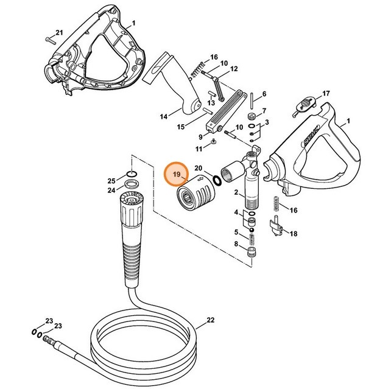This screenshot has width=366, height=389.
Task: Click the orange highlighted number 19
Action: [176, 174]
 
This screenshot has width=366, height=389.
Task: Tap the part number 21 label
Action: [59, 32]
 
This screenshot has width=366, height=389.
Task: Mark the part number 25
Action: [111, 181]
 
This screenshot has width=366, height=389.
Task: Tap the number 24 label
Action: [111, 190]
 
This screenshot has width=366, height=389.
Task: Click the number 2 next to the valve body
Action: [236, 192]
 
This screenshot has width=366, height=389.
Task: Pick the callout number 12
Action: [233, 69]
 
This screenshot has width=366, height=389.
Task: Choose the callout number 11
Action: [199, 149]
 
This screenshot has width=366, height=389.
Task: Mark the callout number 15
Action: [180, 127]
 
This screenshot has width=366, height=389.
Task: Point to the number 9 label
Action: [200, 136]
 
